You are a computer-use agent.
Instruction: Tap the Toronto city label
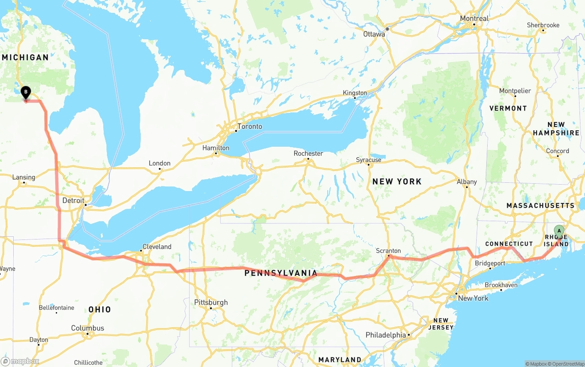click(250, 126)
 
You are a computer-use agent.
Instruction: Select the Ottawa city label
click(374, 34)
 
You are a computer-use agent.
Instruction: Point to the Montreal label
click(474, 19)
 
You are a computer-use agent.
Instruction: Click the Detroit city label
click(73, 200)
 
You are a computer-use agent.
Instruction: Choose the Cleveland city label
click(157, 246)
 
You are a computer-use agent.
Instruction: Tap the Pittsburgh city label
click(211, 302)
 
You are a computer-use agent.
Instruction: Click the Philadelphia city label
click(385, 335)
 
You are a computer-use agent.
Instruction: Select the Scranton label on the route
click(388, 250)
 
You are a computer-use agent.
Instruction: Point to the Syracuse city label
click(368, 160)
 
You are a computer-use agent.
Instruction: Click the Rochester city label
click(308, 153)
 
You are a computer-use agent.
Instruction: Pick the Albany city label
click(467, 181)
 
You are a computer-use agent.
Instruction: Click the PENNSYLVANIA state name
click(281, 273)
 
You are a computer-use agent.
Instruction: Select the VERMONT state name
click(508, 108)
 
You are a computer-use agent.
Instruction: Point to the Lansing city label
click(24, 177)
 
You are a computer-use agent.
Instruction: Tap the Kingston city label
click(355, 93)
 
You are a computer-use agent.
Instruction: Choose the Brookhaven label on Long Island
click(501, 285)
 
